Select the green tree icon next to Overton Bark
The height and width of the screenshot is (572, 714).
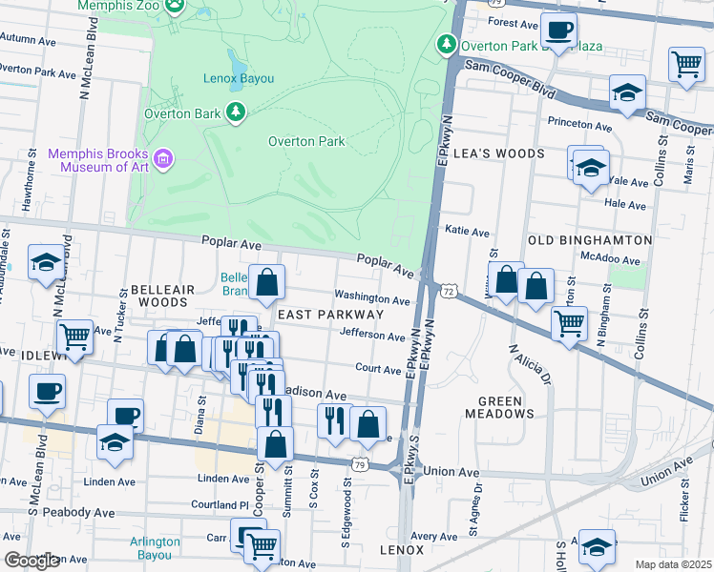point(235,113)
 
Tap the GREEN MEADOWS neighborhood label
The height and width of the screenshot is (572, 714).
point(506,407)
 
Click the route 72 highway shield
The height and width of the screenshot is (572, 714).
point(448,289)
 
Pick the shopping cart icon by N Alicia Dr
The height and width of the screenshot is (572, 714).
point(570,323)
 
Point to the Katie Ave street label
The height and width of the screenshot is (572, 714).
point(468,231)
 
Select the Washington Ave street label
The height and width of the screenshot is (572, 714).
point(371,299)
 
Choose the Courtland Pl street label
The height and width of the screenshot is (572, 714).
point(220,504)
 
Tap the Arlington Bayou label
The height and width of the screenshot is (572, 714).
point(154,547)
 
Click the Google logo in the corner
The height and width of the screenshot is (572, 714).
point(31,562)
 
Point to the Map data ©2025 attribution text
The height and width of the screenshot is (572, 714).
point(674,564)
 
